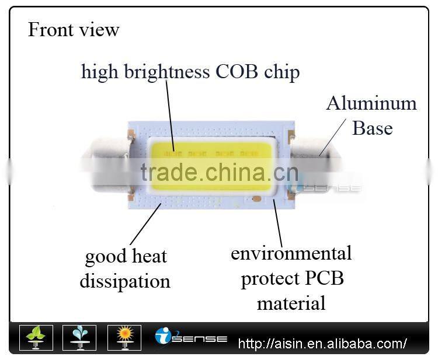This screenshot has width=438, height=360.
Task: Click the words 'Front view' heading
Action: pyautogui.click(x=74, y=29)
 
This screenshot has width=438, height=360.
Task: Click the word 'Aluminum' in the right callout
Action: pyautogui.click(x=371, y=103)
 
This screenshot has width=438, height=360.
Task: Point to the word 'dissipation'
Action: pyautogui.click(x=125, y=281)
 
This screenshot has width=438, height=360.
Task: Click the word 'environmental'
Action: pyautogui.click(x=291, y=253)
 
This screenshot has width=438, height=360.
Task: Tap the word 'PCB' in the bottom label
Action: pyautogui.click(x=324, y=278)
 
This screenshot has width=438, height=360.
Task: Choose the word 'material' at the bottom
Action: pyautogui.click(x=291, y=303)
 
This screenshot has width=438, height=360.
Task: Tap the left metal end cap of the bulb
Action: pyautogui.click(x=105, y=165)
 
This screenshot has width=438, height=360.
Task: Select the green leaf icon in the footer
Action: pyautogui.click(x=36, y=338)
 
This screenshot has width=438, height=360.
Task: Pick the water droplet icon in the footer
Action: pyautogui.click(x=80, y=338)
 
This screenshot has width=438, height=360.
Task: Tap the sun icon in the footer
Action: pyautogui.click(x=124, y=338)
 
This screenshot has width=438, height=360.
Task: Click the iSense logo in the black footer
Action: pyautogui.click(x=191, y=337)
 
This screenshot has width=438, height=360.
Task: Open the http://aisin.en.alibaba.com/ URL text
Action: pyautogui.click(x=322, y=343)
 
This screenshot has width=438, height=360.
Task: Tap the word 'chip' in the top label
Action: pyautogui.click(x=282, y=72)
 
